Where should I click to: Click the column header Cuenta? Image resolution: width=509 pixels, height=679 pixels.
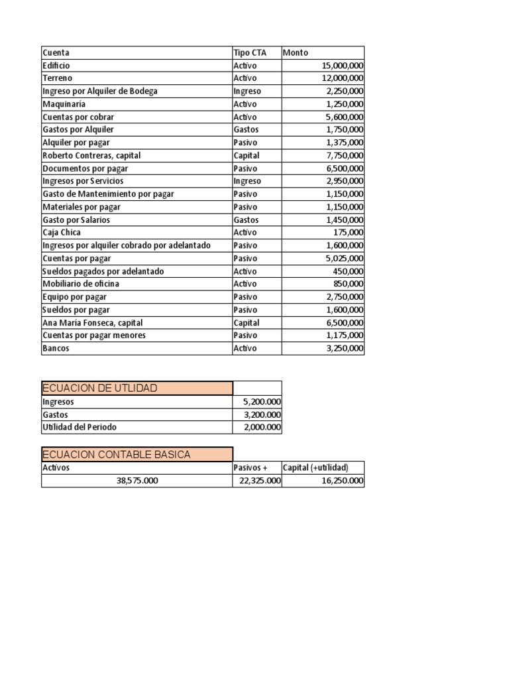[x=56, y=52]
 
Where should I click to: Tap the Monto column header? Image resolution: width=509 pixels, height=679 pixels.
[x=295, y=52]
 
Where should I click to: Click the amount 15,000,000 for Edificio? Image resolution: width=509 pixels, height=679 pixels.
[x=342, y=66]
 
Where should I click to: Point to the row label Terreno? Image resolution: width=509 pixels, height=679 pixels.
[x=57, y=78]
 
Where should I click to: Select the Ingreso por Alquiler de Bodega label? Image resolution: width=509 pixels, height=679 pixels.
[x=100, y=91]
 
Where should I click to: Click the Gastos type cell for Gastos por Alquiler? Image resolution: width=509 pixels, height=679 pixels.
[x=246, y=130]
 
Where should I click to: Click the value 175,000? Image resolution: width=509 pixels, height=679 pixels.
[x=348, y=233]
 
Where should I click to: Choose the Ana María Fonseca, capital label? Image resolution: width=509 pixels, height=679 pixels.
[x=92, y=323]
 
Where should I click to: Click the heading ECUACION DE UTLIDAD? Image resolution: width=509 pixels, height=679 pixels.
[x=99, y=388]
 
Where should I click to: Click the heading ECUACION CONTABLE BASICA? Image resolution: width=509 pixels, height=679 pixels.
[x=116, y=454]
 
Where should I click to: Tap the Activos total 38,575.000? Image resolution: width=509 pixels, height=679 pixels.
[x=137, y=481]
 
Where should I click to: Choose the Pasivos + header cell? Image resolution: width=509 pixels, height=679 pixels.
[x=251, y=467]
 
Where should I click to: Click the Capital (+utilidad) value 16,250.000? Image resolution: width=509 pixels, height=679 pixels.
[x=343, y=481]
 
